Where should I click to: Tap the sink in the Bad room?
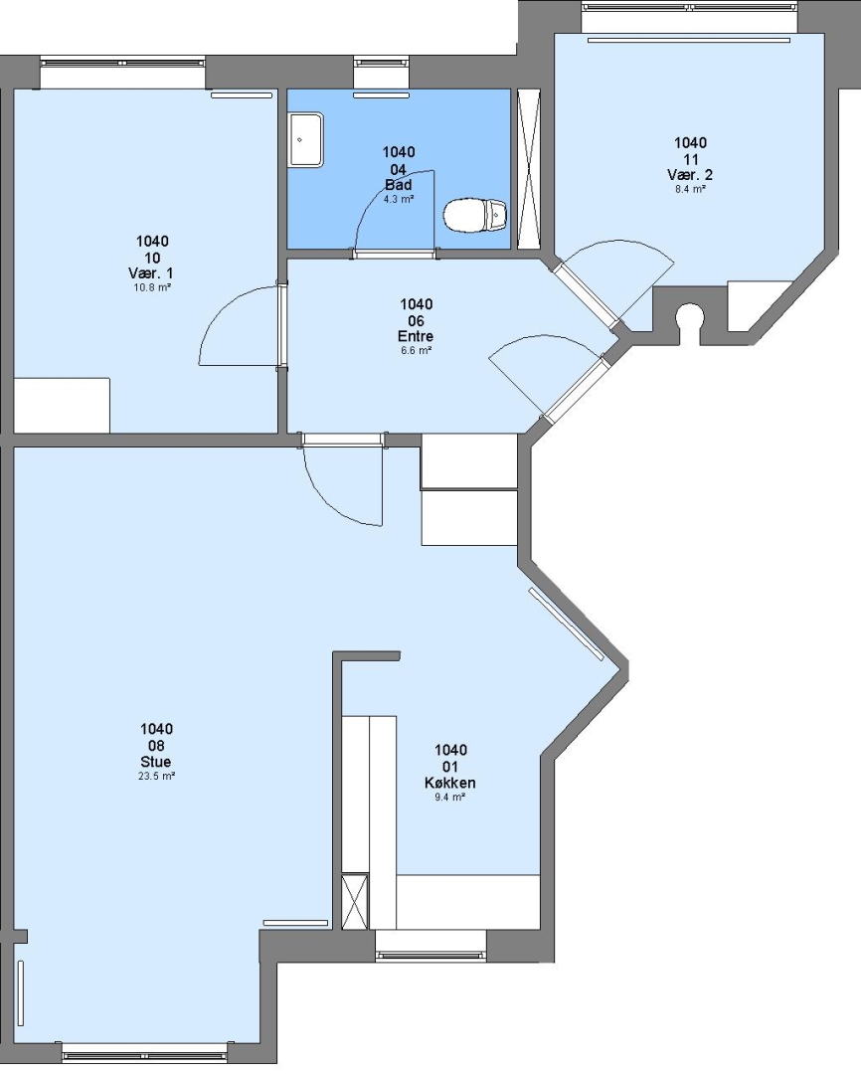305,140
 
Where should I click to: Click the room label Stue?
156,762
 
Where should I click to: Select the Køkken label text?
450,783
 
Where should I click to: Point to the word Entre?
416,336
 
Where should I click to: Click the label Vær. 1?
151,274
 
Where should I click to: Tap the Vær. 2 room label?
690,175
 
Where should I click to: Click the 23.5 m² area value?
156,776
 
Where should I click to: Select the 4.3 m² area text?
398,199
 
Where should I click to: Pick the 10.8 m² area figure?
151,287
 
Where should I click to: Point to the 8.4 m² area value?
690,189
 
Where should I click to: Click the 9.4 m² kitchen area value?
450,798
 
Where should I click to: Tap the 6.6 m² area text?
416,351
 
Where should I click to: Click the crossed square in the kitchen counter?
355,900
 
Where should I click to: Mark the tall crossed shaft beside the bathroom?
528,168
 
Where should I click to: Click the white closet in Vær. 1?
62,405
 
